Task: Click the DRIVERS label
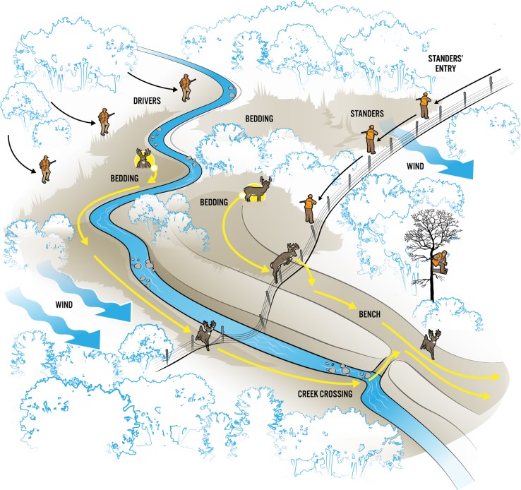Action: pos(147,101)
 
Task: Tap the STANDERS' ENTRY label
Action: pos(445,64)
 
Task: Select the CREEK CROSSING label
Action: pos(325,394)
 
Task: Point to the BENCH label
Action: pos(369,314)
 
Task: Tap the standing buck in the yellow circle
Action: pos(258,189)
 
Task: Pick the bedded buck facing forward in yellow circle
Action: pos(144,158)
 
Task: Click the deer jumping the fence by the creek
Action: pos(206,335)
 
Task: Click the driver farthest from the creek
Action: pos(45,169)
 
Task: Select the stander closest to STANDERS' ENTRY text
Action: pos(424,105)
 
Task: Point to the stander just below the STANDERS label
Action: pos(371,140)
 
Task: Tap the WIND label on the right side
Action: pos(415,166)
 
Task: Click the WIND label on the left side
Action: pos(64,304)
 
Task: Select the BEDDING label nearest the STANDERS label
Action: pos(259,119)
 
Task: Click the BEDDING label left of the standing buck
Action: pos(214,202)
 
